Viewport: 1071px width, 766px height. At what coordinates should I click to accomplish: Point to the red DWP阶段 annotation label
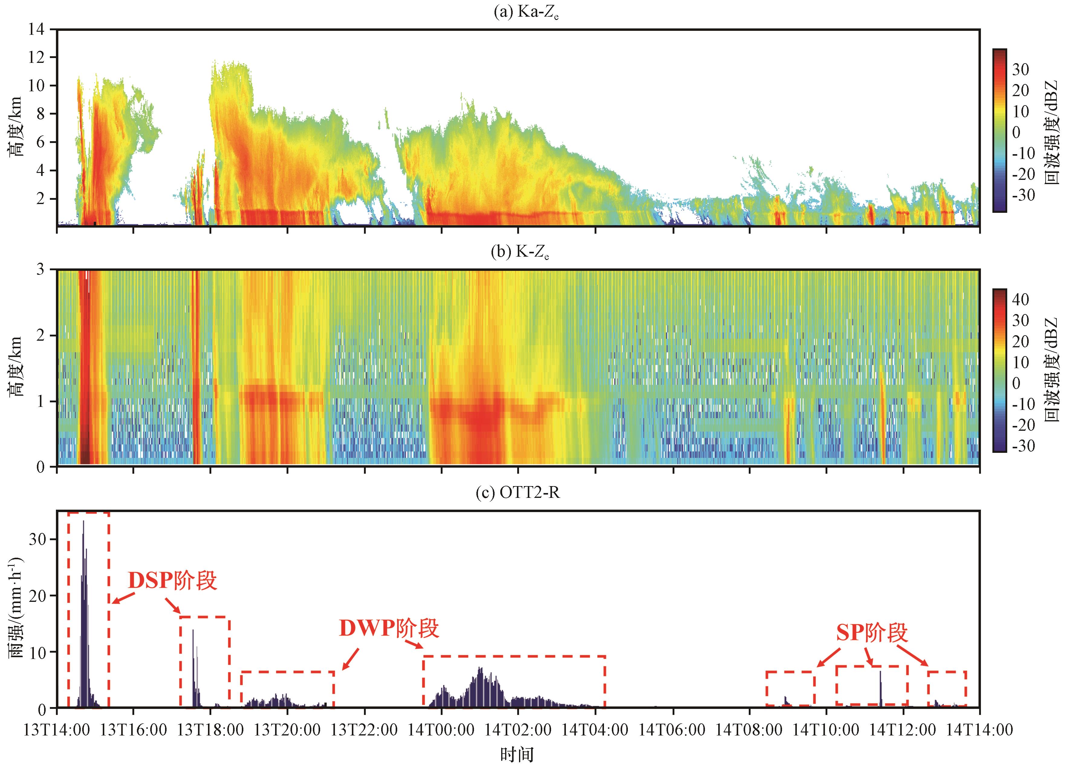coord(389,628)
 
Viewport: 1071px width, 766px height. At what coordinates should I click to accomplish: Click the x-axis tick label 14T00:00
coord(441,730)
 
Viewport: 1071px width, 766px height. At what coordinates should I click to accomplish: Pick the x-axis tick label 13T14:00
coord(57,730)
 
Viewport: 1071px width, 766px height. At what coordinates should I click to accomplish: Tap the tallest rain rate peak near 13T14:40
coord(83,521)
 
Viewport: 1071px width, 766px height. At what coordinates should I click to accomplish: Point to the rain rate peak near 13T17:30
coord(193,630)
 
